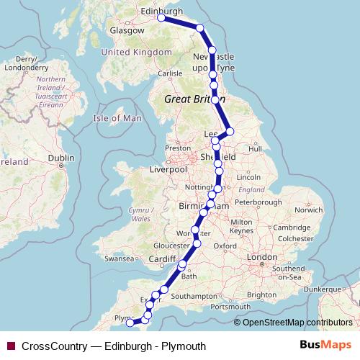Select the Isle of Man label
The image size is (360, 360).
[x=118, y=117]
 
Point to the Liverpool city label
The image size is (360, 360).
[x=168, y=169]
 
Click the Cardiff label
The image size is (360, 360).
[x=163, y=259]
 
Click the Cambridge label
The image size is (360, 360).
[x=291, y=227]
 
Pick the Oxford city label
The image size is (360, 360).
[x=225, y=246]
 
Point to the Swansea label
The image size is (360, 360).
[x=120, y=258]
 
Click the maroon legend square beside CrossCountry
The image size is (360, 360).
[x=10, y=346]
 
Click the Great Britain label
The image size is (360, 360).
[x=191, y=99]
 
